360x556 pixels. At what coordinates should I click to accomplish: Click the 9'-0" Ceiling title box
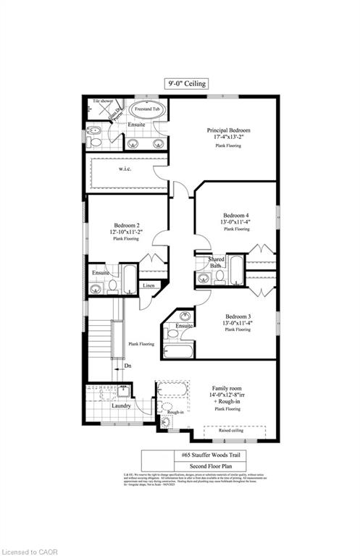180,84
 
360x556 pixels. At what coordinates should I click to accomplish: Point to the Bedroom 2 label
126,224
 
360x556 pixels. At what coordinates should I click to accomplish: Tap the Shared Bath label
216,263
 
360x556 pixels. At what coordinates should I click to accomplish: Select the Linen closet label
148,286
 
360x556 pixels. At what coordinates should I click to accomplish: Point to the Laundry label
121,405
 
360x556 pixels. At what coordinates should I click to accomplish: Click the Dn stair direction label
128,366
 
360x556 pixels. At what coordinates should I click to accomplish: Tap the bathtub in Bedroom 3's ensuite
178,351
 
